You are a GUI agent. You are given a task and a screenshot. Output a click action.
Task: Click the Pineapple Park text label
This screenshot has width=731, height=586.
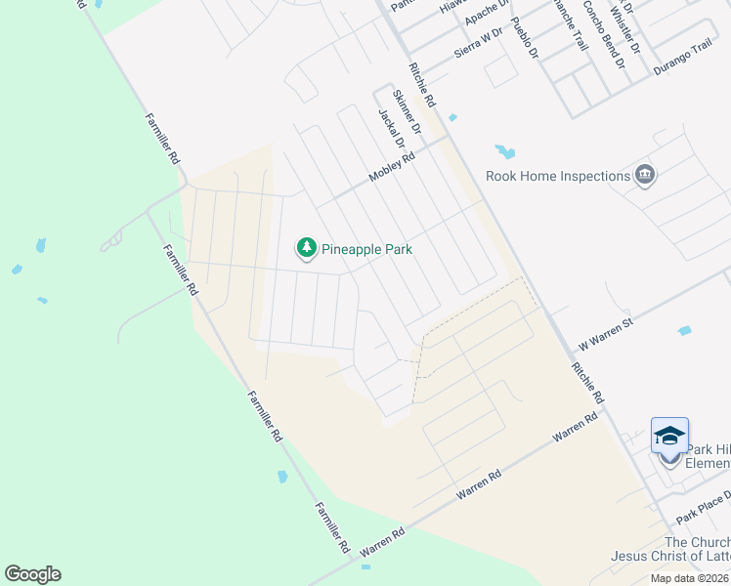point(366,249)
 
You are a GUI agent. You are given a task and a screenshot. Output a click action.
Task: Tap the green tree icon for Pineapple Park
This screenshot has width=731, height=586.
point(307,248)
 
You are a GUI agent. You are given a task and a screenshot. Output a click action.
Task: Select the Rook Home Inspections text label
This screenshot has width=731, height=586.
point(558,176)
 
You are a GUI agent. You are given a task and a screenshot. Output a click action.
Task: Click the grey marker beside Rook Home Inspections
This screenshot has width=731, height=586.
point(645,176)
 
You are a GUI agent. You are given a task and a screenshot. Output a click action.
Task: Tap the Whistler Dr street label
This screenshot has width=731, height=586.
point(625,28)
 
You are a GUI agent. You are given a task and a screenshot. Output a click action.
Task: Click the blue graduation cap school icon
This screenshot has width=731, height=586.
point(669,436)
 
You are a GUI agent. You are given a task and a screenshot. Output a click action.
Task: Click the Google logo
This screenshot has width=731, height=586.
point(32,574)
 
